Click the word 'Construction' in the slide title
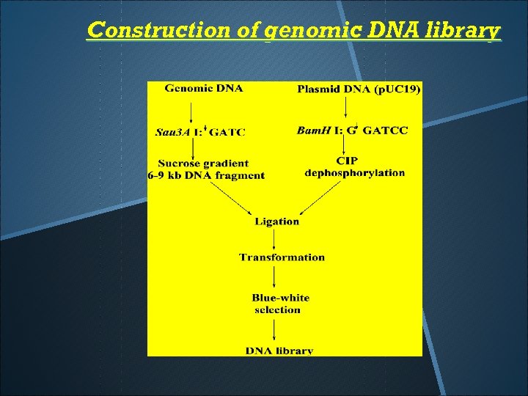coord(135,31)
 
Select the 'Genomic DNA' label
coord(204,89)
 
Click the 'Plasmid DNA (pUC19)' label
coord(359,89)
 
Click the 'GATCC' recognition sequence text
coord(386,131)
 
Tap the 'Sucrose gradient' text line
coord(203,164)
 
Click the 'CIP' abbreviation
coord(347,161)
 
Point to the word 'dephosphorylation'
coord(355,173)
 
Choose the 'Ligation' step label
coord(276,221)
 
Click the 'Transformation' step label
coord(282,257)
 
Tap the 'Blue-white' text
coord(280,298)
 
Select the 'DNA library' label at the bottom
coord(279,351)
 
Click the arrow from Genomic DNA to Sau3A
coord(192,112)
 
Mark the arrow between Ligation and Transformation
coord(274,239)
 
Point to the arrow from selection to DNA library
coord(274,330)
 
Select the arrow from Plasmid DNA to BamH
coord(345,111)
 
